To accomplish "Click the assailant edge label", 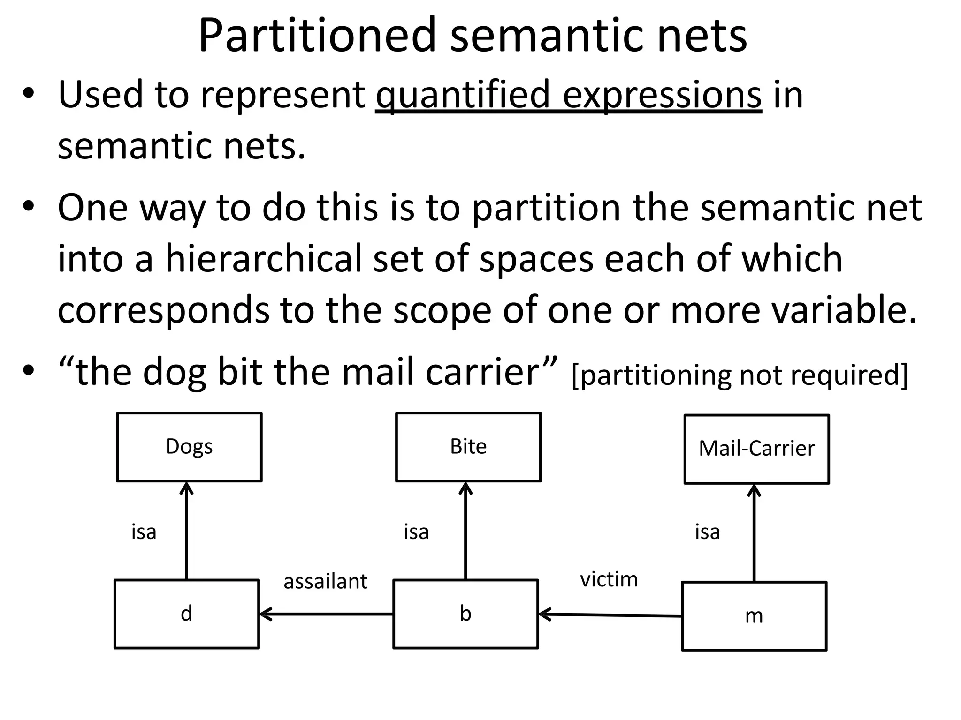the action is pos(325,581).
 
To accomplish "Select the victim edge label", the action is pos(609,579).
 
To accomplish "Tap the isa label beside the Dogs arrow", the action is pos(144,532).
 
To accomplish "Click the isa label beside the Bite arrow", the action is pos(416,532).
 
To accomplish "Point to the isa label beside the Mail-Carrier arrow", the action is pos(708,532).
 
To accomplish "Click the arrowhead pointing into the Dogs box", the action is pos(187,487).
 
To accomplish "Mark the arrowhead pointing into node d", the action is pos(266,614).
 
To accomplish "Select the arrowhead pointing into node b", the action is pos(545,614).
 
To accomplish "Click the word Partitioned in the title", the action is pos(317,36).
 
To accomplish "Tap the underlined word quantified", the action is pos(463,95).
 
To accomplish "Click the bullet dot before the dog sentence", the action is pos(29,370).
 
